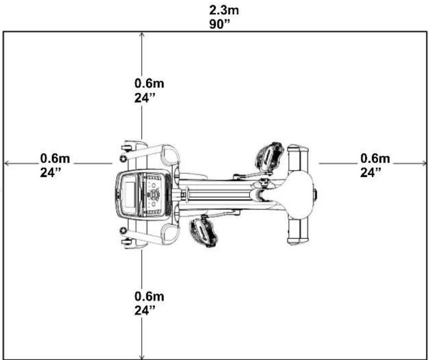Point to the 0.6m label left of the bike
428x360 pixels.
tap(55, 158)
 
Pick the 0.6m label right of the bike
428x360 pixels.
tap(375, 158)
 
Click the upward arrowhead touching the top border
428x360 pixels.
tap(142, 35)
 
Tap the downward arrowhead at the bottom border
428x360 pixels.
tap(142, 356)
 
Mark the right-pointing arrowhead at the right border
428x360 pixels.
tap(423, 163)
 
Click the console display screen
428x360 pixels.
tap(129, 194)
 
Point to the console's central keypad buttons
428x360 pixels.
tap(153, 194)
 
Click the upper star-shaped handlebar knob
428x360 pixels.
tap(123, 158)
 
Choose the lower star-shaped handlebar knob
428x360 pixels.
tap(123, 231)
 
